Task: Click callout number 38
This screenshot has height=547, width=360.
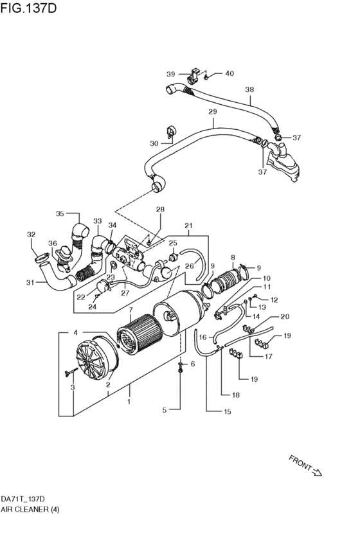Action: tap(249, 90)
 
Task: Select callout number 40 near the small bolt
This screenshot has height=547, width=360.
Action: tap(229, 73)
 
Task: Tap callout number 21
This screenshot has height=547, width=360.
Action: tap(188, 226)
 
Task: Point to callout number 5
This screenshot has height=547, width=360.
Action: tap(164, 409)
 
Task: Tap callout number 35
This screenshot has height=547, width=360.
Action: tap(60, 214)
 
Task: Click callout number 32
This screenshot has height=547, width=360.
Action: tap(30, 235)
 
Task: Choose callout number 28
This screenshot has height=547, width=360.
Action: tap(159, 210)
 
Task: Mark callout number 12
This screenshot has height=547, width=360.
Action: tap(273, 300)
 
